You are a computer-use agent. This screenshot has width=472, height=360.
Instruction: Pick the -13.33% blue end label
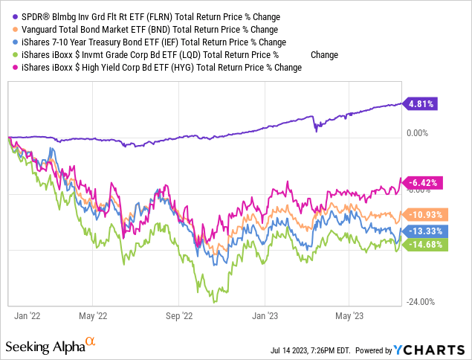pos(424,231)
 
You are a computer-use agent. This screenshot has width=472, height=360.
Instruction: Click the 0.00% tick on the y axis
pos(419,132)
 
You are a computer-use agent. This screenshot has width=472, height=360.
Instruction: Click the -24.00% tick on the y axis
pos(421,301)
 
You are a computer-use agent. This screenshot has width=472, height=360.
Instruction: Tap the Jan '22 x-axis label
pos(28,315)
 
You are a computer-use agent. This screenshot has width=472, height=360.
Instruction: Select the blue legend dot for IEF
pos(7,42)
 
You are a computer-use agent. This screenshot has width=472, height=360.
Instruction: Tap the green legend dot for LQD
pos(7,54)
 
